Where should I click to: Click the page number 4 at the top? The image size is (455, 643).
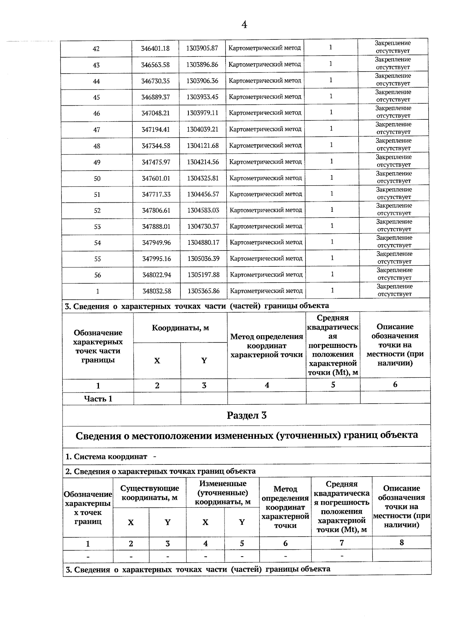click(244, 25)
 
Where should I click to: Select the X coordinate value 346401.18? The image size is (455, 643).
click(155, 48)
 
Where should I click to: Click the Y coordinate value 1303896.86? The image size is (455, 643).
click(202, 65)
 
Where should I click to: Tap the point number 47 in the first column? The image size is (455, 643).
click(97, 130)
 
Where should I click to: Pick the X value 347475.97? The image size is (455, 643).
click(156, 162)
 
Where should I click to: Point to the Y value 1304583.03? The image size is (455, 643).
click(203, 210)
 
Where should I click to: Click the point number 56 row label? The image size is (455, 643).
click(97, 275)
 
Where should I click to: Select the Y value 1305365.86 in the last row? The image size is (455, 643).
click(204, 291)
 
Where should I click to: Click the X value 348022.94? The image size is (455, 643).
click(156, 275)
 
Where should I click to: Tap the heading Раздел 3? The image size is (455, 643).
click(246, 415)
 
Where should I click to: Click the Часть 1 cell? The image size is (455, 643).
click(98, 399)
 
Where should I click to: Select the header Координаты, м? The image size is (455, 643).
click(180, 328)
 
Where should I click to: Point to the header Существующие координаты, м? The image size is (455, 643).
click(149, 493)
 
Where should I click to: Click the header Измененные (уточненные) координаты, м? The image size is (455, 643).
click(223, 493)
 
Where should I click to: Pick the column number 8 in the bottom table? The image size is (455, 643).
click(402, 543)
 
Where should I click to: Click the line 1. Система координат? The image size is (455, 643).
click(107, 457)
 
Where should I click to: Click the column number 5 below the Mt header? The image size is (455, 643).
click(333, 385)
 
